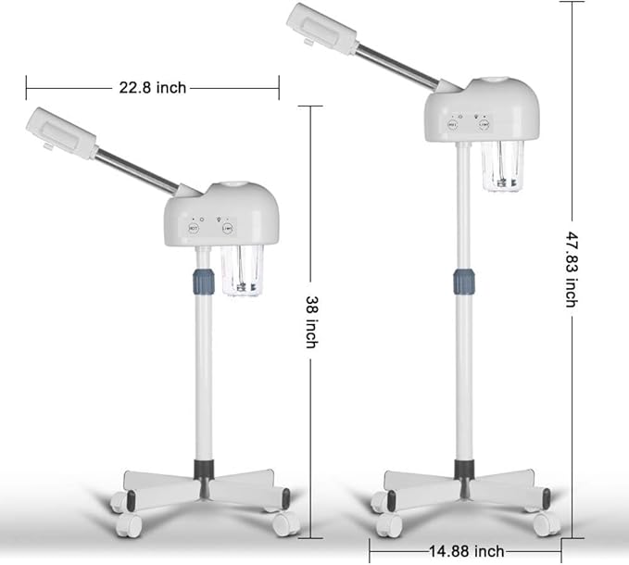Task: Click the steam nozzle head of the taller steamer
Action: click(320, 25)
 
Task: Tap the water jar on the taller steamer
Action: click(502, 167)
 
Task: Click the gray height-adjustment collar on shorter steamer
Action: click(203, 282)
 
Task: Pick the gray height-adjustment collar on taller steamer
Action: click(463, 280)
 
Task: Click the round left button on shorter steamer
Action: click(194, 227)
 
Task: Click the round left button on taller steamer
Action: click(453, 123)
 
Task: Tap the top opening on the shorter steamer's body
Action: click(228, 185)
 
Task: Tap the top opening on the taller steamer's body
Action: click(487, 82)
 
